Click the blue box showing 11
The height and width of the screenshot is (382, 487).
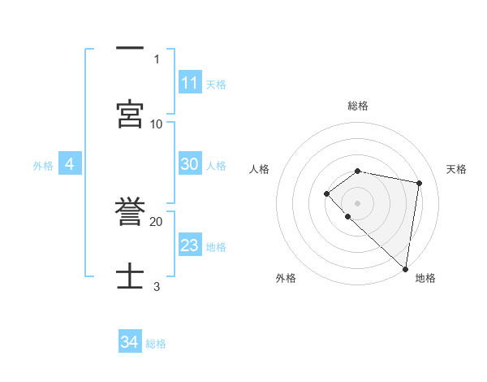(x=190, y=83)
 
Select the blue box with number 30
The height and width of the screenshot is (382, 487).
(x=190, y=164)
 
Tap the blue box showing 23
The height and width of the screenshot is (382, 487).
(x=190, y=245)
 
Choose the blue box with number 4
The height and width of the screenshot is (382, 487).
(x=70, y=165)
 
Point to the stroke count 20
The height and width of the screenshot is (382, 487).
(x=157, y=221)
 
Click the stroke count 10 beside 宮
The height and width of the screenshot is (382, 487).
(x=157, y=124)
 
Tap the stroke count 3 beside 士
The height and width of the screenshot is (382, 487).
(x=157, y=286)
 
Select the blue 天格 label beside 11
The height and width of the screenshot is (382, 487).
(x=216, y=84)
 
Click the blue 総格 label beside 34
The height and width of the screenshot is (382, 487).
(x=156, y=343)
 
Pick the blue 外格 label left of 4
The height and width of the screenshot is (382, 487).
(x=43, y=166)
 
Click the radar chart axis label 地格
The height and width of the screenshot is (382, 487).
(x=425, y=278)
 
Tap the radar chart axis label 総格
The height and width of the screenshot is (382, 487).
(x=358, y=106)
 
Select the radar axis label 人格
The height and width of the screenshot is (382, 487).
(x=260, y=169)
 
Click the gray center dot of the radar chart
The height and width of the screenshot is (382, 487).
(x=357, y=202)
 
